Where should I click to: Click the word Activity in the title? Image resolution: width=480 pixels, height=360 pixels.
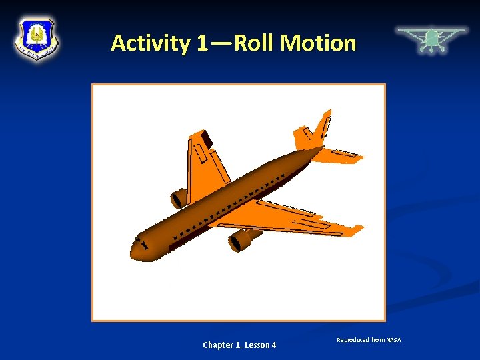click(150, 43)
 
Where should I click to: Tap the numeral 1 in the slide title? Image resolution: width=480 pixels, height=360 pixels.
click(203, 43)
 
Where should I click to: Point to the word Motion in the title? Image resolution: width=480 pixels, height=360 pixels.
click(318, 43)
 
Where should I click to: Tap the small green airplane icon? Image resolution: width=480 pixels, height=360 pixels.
click(431, 39)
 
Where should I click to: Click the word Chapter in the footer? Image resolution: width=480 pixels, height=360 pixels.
click(218, 345)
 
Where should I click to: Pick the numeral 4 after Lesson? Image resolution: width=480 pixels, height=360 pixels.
click(273, 345)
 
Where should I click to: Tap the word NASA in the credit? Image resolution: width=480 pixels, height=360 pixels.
click(393, 341)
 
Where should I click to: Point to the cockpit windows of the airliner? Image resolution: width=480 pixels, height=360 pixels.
click(141, 241)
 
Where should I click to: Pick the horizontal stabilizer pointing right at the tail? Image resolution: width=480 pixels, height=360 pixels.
click(340, 157)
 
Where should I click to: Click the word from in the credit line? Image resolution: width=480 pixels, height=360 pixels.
click(379, 341)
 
